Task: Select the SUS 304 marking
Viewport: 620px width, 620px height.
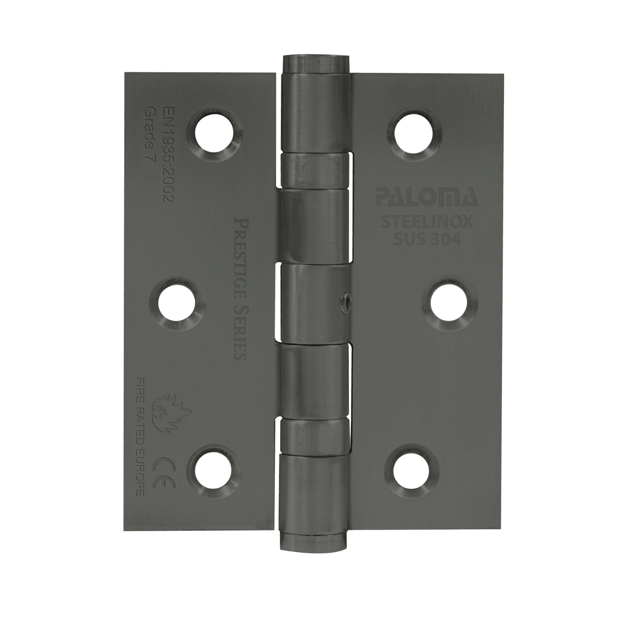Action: [427, 239]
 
